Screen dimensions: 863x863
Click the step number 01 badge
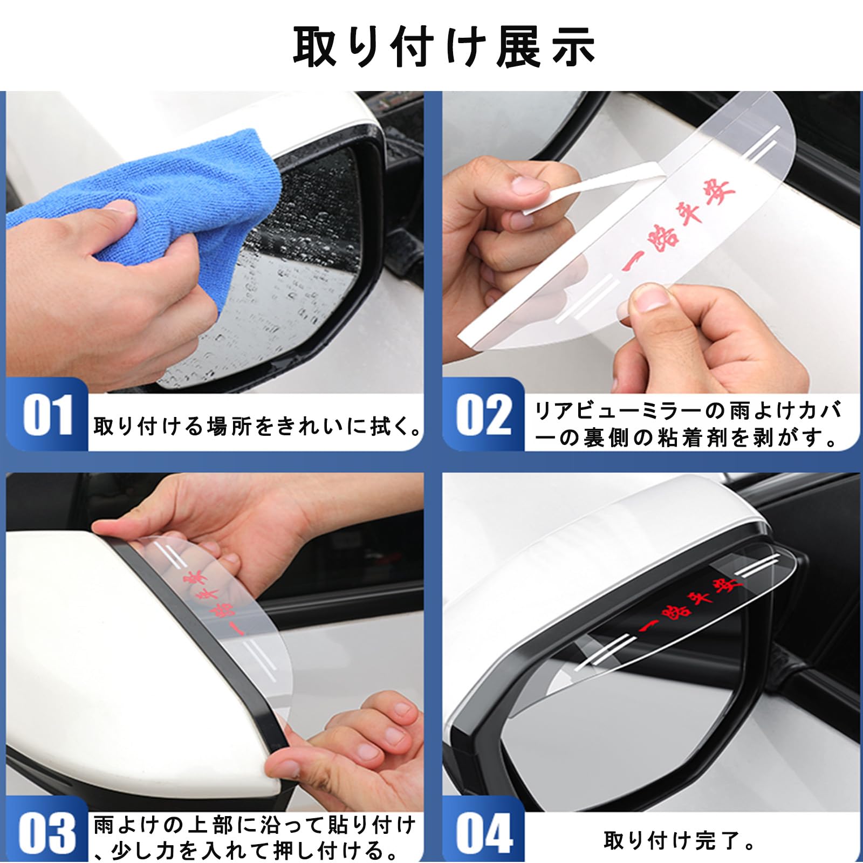[x=47, y=414]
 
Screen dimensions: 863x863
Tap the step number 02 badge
[x=484, y=414]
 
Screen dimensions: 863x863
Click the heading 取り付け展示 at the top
[x=443, y=47]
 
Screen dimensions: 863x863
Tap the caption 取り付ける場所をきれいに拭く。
[x=258, y=426]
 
